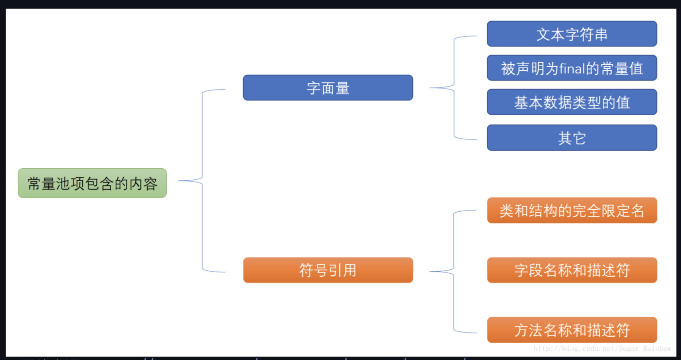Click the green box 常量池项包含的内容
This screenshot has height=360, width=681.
pos(92,183)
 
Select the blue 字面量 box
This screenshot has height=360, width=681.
pos(328,88)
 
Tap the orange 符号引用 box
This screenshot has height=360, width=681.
pos(328,270)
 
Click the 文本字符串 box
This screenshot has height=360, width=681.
pos(572,34)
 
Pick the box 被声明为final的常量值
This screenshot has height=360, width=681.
pos(572,68)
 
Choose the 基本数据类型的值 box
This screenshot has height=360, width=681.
pos(572,102)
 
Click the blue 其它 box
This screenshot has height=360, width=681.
pos(572,138)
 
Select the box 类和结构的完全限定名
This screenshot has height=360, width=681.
pos(572,211)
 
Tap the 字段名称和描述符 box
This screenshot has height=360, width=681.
pos(572,270)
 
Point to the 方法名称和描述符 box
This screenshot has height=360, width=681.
pos(572,330)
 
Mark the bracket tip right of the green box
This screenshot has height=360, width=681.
pos(179,181)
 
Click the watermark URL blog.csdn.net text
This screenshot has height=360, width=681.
pos(602,349)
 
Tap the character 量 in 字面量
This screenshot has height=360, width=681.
pos(343,88)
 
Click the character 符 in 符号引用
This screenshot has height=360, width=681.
pos(306,270)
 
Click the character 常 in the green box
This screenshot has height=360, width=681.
pos(34,184)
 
